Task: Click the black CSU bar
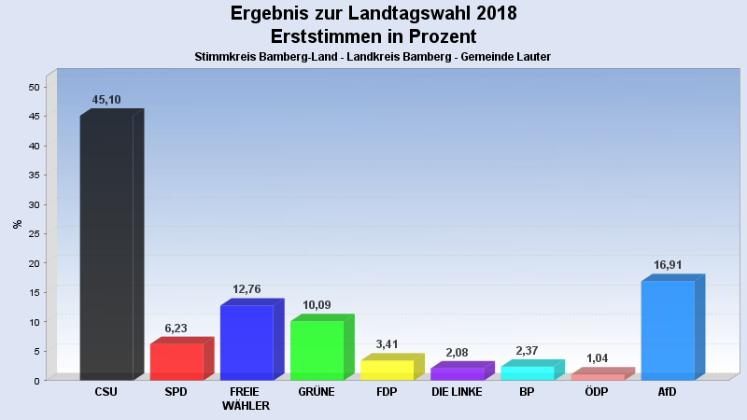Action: (106, 247)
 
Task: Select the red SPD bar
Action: (176, 361)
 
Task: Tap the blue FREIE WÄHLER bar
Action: (247, 343)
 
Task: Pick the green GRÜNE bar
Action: (317, 350)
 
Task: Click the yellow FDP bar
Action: (387, 370)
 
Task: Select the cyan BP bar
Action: (527, 373)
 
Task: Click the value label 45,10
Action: (106, 100)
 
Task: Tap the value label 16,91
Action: (668, 265)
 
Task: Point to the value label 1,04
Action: (597, 358)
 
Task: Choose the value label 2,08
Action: (457, 353)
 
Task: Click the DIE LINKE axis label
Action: (457, 392)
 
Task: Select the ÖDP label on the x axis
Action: (597, 392)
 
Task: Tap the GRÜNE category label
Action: (317, 392)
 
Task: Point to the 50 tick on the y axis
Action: (34, 87)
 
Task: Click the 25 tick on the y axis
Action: (34, 233)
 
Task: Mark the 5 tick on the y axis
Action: (36, 351)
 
